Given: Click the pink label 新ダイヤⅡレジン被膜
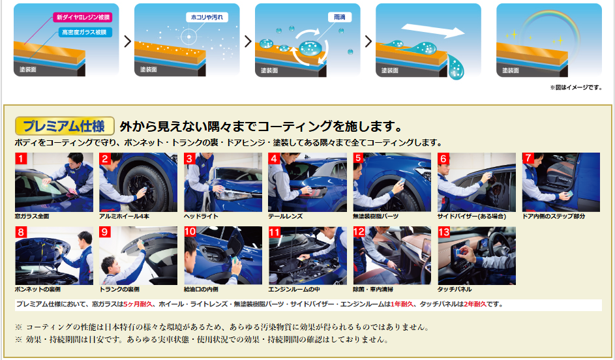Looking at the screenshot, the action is point(83,17).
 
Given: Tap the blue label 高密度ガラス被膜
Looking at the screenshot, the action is point(85,32).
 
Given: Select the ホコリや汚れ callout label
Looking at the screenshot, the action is point(207,17).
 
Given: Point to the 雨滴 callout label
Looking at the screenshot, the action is point(339,17).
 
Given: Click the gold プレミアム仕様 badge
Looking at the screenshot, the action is point(65,127).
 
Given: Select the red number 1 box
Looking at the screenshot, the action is point(21,159).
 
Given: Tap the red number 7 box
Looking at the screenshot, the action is point(528,158).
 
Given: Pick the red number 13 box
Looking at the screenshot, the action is point(443,232).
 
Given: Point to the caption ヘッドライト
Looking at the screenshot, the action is point(201,216).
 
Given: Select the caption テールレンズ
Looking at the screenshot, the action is point(285,216).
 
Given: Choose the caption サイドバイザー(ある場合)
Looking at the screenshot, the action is point(472,216).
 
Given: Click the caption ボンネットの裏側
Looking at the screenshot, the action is point(38,290).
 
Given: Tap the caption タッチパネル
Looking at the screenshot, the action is point(455,290).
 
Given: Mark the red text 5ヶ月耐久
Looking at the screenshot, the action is point(138,305).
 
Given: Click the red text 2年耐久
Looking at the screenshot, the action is point(475,305).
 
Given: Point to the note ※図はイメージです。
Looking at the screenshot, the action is point(576,88).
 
